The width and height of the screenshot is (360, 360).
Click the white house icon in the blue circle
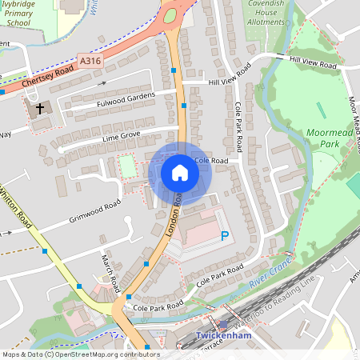[x=180, y=173]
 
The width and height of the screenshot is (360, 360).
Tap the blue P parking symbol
[x=225, y=236]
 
